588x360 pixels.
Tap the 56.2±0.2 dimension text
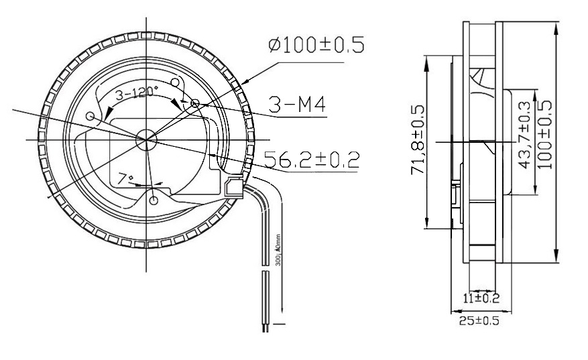(x=310, y=159)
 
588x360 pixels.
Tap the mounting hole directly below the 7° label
(x=154, y=200)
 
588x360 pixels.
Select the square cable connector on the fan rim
(x=235, y=186)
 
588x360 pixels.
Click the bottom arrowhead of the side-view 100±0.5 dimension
(x=555, y=257)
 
